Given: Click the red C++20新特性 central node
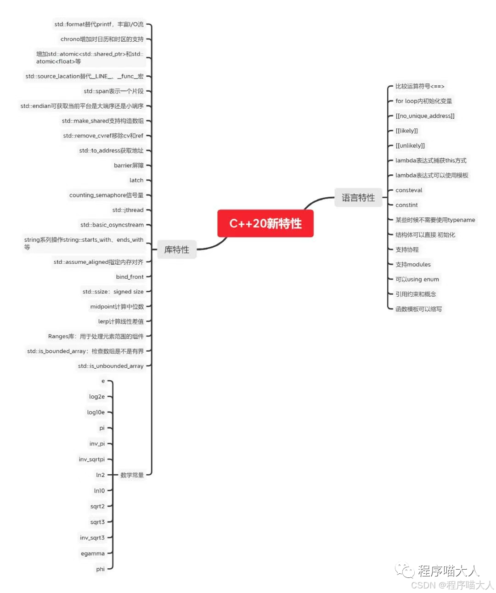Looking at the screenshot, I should [265, 224].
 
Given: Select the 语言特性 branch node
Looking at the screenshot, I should [358, 198].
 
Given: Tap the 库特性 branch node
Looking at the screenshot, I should [177, 249].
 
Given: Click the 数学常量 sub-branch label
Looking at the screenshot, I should [132, 475].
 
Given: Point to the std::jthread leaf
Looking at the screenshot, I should [128, 210].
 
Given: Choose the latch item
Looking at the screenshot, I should [136, 180].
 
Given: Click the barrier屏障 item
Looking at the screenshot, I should [129, 166].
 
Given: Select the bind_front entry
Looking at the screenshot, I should [130, 277].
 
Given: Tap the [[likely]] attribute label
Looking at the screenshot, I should [406, 131].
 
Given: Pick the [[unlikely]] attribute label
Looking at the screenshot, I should [410, 146].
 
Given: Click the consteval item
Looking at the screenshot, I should [409, 190].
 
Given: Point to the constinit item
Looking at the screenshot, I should [406, 205].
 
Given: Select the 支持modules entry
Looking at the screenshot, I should [413, 265].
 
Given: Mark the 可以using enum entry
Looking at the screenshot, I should [417, 279].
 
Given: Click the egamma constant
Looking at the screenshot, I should [93, 554].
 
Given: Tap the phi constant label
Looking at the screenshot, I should [100, 569].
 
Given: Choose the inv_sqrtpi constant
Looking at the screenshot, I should [92, 460].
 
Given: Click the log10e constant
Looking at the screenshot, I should [96, 412].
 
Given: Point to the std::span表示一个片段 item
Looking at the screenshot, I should [113, 91].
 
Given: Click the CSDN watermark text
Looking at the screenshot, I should [452, 585].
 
